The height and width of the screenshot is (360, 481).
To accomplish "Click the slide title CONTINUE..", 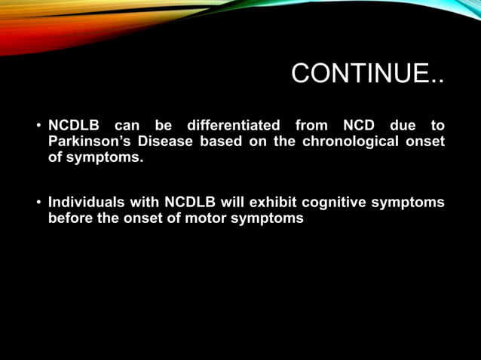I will coord(367,75).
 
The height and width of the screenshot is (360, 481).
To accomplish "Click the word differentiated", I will coord(234,125).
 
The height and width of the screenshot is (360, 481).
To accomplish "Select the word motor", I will coord(206,219).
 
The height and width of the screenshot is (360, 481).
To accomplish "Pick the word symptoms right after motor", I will coord(267,219).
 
